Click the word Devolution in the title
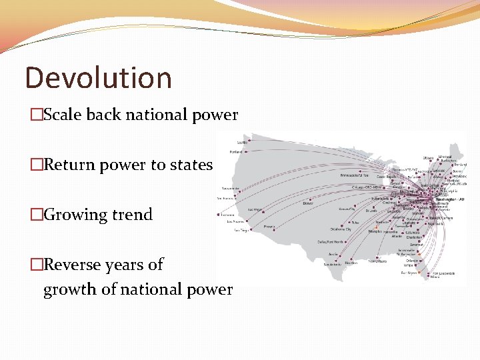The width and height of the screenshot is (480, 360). pos(98,77)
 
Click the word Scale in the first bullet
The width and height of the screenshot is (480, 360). pos(64,115)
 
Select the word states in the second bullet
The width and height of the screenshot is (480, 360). pos(191,165)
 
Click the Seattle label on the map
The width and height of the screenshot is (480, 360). pos(242,142)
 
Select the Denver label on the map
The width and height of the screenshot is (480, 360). pos(308,203)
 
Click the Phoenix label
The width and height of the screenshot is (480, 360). pos(269,227)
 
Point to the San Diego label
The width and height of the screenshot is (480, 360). pos(241,230)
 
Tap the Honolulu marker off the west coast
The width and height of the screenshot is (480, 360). pos(219,215)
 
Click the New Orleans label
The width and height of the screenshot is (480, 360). pos(377,261)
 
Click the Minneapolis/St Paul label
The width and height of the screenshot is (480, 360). pos(355,175)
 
